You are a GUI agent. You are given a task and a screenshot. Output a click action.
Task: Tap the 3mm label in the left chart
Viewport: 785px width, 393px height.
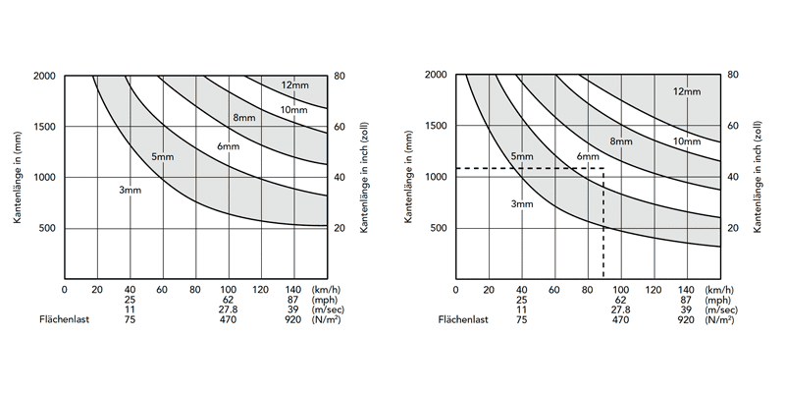[131, 189]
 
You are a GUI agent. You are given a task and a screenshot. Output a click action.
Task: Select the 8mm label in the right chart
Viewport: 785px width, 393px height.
[620, 141]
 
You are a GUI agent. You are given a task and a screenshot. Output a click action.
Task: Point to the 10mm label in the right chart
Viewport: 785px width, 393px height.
[686, 141]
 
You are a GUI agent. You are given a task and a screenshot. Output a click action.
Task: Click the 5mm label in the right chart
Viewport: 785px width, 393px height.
[522, 157]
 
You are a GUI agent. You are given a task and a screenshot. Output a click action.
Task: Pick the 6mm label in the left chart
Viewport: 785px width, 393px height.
[228, 147]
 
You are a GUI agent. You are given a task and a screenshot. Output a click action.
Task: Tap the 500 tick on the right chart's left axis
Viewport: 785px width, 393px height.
[438, 229]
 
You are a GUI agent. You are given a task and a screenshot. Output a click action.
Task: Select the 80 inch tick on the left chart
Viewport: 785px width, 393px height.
[340, 76]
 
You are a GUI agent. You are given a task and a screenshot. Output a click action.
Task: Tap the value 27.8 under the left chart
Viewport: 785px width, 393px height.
[229, 309]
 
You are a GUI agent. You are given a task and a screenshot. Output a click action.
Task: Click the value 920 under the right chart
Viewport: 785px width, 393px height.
[685, 319]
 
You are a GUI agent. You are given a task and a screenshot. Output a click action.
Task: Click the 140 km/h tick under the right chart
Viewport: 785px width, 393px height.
[685, 290]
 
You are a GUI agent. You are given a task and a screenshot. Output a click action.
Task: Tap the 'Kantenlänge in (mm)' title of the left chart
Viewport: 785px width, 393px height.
[19, 151]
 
